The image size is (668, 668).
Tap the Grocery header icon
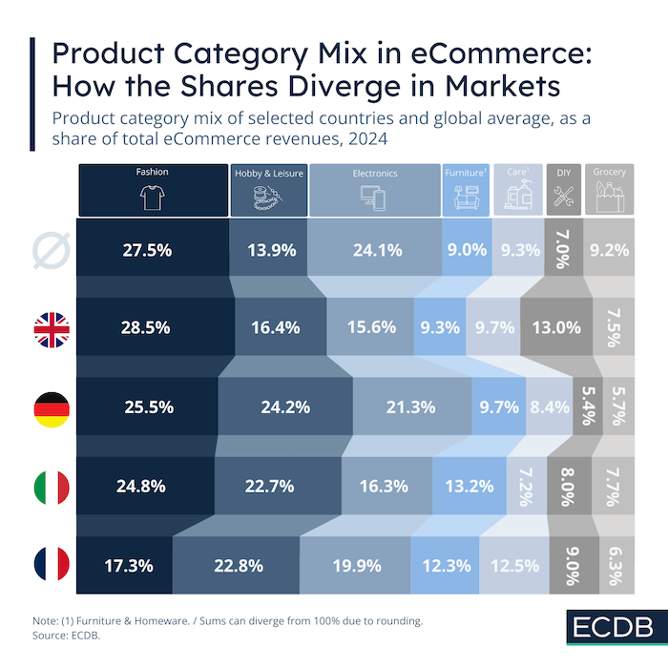pyautogui.click(x=609, y=195)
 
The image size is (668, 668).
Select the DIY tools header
pyautogui.click(x=562, y=195)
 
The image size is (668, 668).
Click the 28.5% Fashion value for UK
pyautogui.click(x=146, y=327)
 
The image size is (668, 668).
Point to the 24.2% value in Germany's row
pyautogui.click(x=284, y=407)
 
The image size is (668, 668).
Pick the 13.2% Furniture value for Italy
pyautogui.click(x=470, y=486)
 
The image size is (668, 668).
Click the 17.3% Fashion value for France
pyautogui.click(x=129, y=565)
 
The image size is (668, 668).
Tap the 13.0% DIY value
pyautogui.click(x=556, y=327)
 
